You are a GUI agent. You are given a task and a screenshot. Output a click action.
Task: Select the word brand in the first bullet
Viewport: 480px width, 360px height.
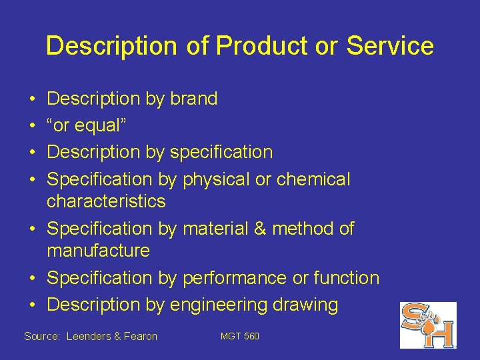point(193,99)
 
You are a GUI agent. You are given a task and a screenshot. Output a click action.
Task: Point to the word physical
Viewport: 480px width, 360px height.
point(218,179)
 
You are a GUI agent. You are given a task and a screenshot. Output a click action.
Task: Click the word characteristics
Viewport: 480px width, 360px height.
point(106,201)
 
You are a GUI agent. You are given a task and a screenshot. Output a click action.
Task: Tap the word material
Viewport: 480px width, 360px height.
point(216,229)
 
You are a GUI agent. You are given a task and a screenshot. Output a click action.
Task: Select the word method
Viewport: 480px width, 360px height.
point(301,229)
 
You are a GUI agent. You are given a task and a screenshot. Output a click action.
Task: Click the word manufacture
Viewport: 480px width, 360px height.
point(98,251)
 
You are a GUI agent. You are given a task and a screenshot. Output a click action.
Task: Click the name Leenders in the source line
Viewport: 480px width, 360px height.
point(90,337)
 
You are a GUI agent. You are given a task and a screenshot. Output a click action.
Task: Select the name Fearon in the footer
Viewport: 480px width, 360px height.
point(140,337)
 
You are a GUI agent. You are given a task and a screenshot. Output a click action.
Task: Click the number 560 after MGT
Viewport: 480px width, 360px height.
point(251,336)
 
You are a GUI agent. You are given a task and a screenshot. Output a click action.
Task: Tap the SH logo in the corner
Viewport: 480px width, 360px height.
point(427,325)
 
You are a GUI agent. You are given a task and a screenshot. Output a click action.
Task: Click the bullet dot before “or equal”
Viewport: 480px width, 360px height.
point(32,125)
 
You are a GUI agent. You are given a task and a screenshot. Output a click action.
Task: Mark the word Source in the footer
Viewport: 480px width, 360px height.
point(41,337)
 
